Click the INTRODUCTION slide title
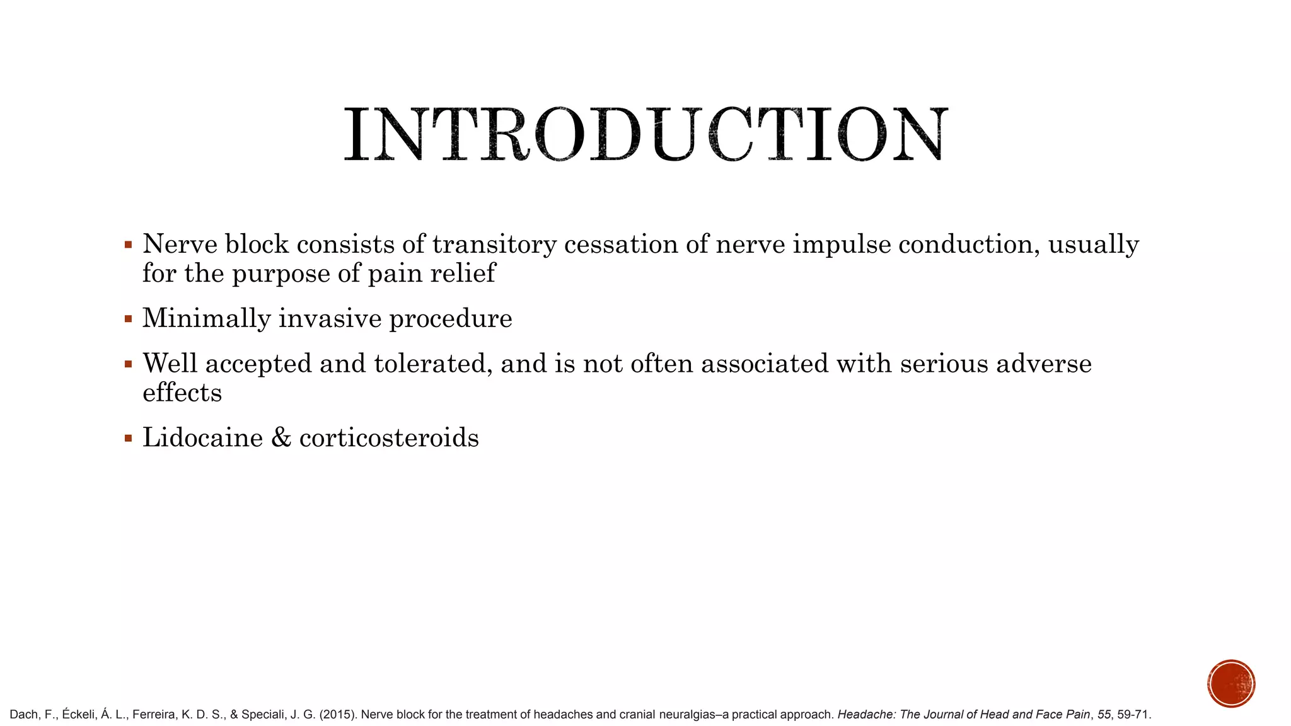coord(645,134)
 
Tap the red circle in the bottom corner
coord(1231,684)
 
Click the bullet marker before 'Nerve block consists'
coord(129,245)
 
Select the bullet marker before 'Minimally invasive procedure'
coord(129,319)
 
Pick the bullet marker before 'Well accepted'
coord(129,364)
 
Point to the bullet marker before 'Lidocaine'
coord(129,438)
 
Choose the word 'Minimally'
coord(206,319)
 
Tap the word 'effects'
coord(182,393)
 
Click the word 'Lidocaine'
coord(202,438)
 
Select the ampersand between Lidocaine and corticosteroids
coord(281,438)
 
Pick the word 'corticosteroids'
coord(389,438)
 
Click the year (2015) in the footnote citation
coord(339,715)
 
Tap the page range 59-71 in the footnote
coord(1133,715)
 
